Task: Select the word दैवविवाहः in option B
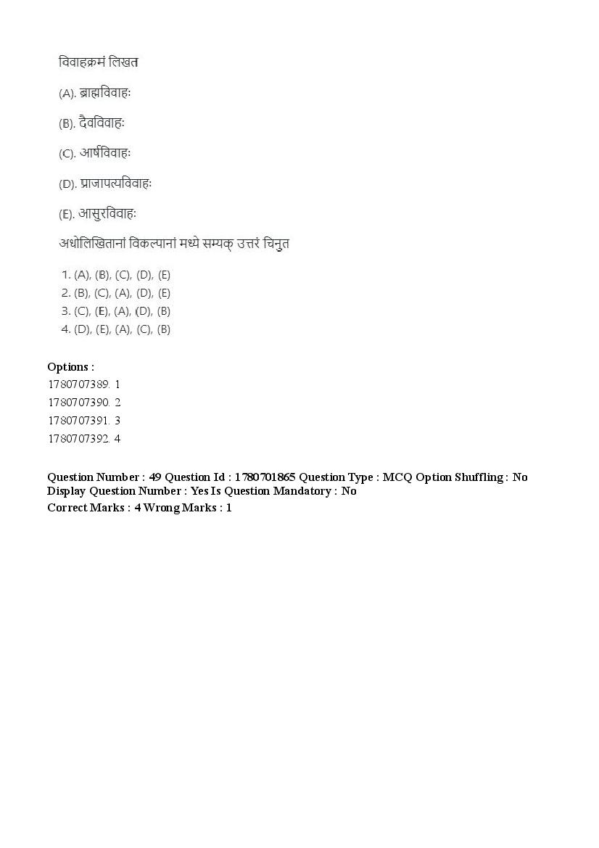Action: pos(102,123)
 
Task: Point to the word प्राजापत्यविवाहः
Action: pos(116,184)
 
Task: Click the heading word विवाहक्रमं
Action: pos(82,62)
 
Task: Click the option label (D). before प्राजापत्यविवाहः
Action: pos(67,184)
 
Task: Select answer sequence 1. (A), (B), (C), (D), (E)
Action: pos(116,275)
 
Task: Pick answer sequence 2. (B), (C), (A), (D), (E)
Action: pos(116,293)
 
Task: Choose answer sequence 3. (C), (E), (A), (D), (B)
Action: pos(116,311)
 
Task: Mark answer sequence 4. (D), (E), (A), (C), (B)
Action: pos(116,329)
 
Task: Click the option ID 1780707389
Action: pos(78,384)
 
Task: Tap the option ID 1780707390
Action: pos(78,403)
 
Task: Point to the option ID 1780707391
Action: pos(78,421)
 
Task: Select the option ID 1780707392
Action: pos(78,439)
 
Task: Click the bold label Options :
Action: pos(70,367)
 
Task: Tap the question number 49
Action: pos(154,477)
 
